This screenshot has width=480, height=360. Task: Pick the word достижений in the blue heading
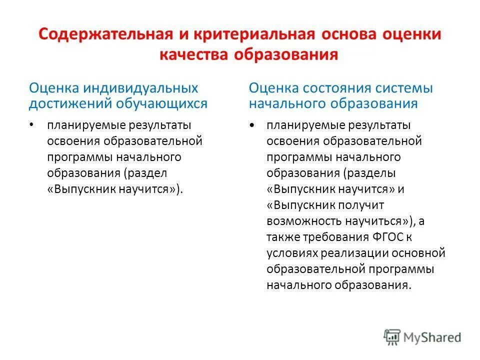[70, 103]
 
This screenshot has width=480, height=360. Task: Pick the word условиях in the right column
[288, 253]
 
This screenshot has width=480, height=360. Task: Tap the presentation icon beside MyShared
[392, 336]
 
